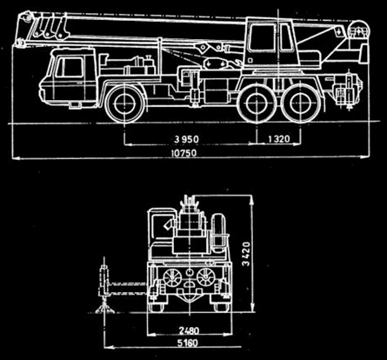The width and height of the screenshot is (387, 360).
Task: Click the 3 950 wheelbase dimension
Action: coord(186,139)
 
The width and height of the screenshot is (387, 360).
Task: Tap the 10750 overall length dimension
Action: coord(183,153)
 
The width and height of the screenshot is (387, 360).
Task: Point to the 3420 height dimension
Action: coord(246,254)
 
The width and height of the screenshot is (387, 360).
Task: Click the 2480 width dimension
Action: coord(189,330)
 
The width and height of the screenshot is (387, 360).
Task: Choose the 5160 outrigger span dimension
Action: coord(188,343)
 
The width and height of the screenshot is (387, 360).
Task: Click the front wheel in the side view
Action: coord(124,103)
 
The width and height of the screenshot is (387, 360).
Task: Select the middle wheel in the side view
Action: coord(257,103)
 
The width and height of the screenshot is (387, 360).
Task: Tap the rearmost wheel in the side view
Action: coord(301,103)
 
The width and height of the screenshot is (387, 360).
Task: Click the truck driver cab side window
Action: coord(70,67)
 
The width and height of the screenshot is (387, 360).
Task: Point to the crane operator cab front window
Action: coord(262,38)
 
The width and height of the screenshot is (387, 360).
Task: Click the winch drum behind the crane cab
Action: coord(359,30)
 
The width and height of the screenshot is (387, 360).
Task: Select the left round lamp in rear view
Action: coord(171,277)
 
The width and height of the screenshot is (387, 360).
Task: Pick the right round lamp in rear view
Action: coord(205,277)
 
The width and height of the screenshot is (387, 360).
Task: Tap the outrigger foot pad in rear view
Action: coord(104,308)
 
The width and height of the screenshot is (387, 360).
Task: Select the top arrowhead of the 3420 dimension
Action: coord(252,200)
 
